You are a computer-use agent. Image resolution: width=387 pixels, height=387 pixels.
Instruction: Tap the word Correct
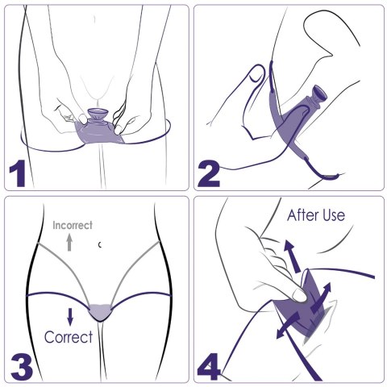(69, 337)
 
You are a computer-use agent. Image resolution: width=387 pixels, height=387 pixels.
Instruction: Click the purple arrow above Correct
(70, 317)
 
